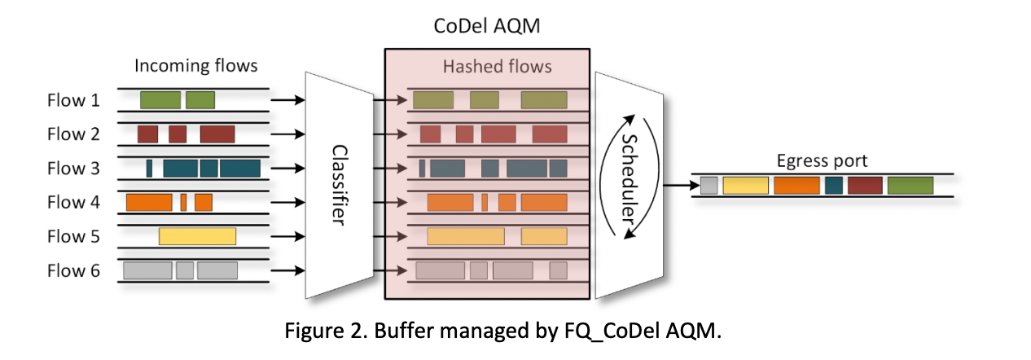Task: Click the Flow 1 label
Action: [73, 100]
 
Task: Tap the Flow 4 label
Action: [73, 203]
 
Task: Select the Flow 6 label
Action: [73, 270]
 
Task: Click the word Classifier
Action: [340, 185]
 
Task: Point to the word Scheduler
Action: [630, 178]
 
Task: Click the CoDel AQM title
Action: [487, 26]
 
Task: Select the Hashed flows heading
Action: [498, 67]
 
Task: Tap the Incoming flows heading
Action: [196, 66]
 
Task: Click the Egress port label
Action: [822, 161]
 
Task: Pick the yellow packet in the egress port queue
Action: [746, 186]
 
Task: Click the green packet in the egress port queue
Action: [910, 186]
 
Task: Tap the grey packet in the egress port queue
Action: [709, 186]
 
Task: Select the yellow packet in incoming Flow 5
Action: [197, 237]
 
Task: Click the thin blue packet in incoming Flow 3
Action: [149, 169]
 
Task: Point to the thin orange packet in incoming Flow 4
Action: [184, 203]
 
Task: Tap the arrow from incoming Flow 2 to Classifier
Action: [287, 134]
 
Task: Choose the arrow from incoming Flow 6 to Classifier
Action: [287, 270]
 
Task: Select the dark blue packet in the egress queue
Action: [834, 186]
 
